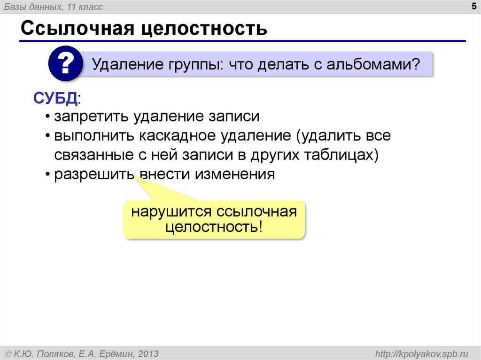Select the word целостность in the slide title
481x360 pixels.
(205, 29)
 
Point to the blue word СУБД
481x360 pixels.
(54, 99)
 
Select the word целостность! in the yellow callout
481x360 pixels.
(214, 228)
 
